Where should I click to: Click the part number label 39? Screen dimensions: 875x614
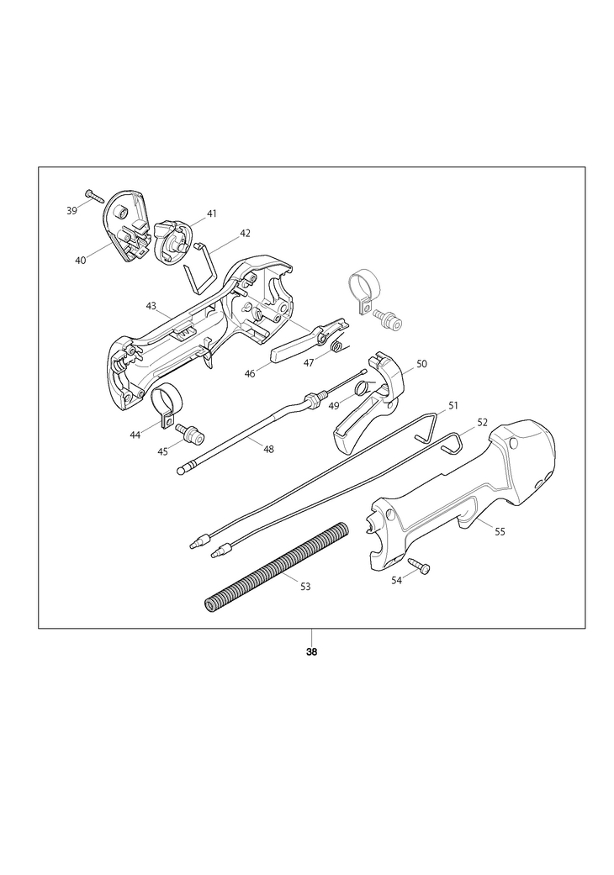(71, 210)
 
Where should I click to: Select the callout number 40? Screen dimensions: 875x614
(80, 261)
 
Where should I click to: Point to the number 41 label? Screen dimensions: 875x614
(211, 213)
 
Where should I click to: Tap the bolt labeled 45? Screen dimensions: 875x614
(191, 434)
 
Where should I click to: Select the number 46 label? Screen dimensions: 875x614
(250, 372)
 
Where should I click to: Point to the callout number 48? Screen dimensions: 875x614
(268, 449)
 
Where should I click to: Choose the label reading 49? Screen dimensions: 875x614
(333, 405)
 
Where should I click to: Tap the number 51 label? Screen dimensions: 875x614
(453, 405)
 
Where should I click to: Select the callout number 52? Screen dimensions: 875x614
(482, 422)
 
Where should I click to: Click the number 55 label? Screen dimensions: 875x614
(500, 531)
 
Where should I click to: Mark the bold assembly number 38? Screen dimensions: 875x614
(311, 653)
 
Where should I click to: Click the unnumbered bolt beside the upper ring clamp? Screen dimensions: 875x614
(388, 318)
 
